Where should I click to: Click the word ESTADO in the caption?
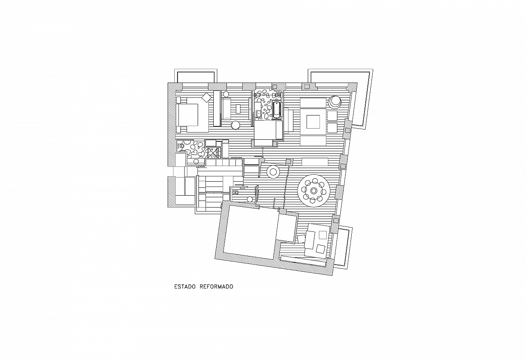tap(185, 287)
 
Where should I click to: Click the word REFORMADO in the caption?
tap(216, 287)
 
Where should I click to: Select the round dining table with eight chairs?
tap(314, 191)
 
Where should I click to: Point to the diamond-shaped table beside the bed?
tap(206, 97)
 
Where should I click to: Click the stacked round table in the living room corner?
tap(335, 102)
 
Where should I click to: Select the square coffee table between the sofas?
tap(313, 122)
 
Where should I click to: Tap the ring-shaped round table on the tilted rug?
tap(273, 172)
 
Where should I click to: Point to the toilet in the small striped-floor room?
tap(235, 193)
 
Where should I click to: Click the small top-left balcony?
tap(196, 76)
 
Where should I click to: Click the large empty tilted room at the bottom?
tap(249, 232)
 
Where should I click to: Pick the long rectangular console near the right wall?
tap(315, 162)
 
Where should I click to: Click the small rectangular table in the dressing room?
tap(238, 109)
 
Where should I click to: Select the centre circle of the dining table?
tap(314, 191)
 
